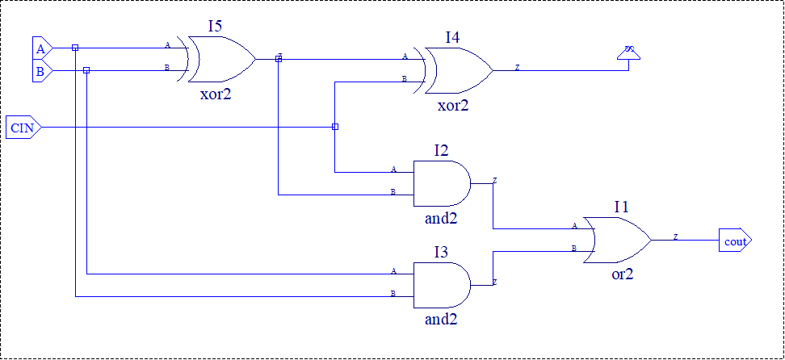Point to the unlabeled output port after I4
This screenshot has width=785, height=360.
tap(629, 53)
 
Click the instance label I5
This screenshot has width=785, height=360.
tap(215, 26)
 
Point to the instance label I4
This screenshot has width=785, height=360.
tap(453, 37)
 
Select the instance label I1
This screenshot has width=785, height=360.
tap(621, 207)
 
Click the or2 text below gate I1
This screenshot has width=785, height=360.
tap(622, 274)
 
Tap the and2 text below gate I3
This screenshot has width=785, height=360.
tap(441, 319)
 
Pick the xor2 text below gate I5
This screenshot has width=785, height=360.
tap(216, 94)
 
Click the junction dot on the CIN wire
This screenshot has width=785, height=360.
tap(335, 127)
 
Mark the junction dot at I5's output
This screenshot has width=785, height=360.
tap(279, 58)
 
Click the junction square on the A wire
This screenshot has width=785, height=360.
tap(75, 48)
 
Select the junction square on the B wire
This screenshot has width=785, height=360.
tap(86, 70)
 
